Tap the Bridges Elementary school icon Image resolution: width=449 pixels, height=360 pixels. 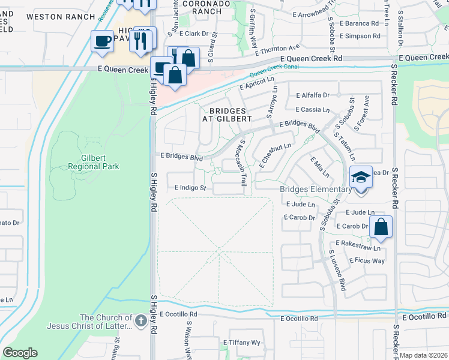coord(361,178)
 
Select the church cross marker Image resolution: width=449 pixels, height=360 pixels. coord(140,320)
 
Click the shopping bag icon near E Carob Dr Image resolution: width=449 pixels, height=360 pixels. coord(381,227)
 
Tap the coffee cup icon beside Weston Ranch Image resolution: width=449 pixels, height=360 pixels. coord(102,41)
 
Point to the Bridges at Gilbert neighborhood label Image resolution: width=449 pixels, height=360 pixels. coord(231,115)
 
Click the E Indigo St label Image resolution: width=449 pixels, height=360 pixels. coord(190,188)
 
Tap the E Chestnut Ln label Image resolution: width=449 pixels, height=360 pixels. coord(276,155)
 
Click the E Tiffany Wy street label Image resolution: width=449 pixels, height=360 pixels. coord(243,343)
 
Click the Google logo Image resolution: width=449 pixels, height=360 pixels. coord(20,353)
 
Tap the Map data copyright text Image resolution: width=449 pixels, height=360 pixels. coord(423,355)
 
